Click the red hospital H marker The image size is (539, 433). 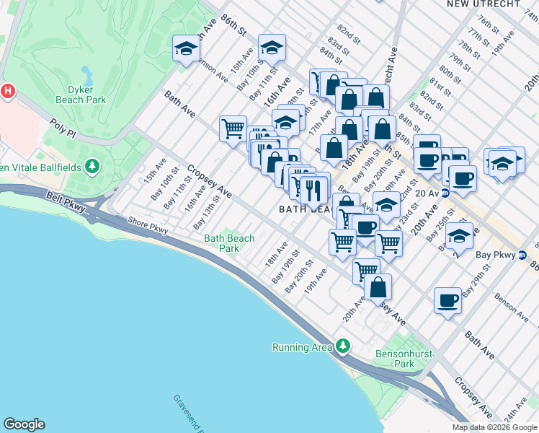tap(8, 92)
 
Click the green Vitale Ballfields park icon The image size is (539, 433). tap(92, 167)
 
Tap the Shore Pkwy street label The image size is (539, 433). tap(147, 225)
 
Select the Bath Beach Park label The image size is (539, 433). tap(229, 243)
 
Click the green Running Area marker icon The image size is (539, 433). tap(343, 347)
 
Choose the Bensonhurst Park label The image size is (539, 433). tap(395, 359)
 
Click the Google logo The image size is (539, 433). tap(24, 424)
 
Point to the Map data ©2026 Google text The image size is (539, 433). tap(494, 427)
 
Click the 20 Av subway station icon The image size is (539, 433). tap(445, 193)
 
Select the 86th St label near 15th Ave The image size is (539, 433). tap(234, 27)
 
